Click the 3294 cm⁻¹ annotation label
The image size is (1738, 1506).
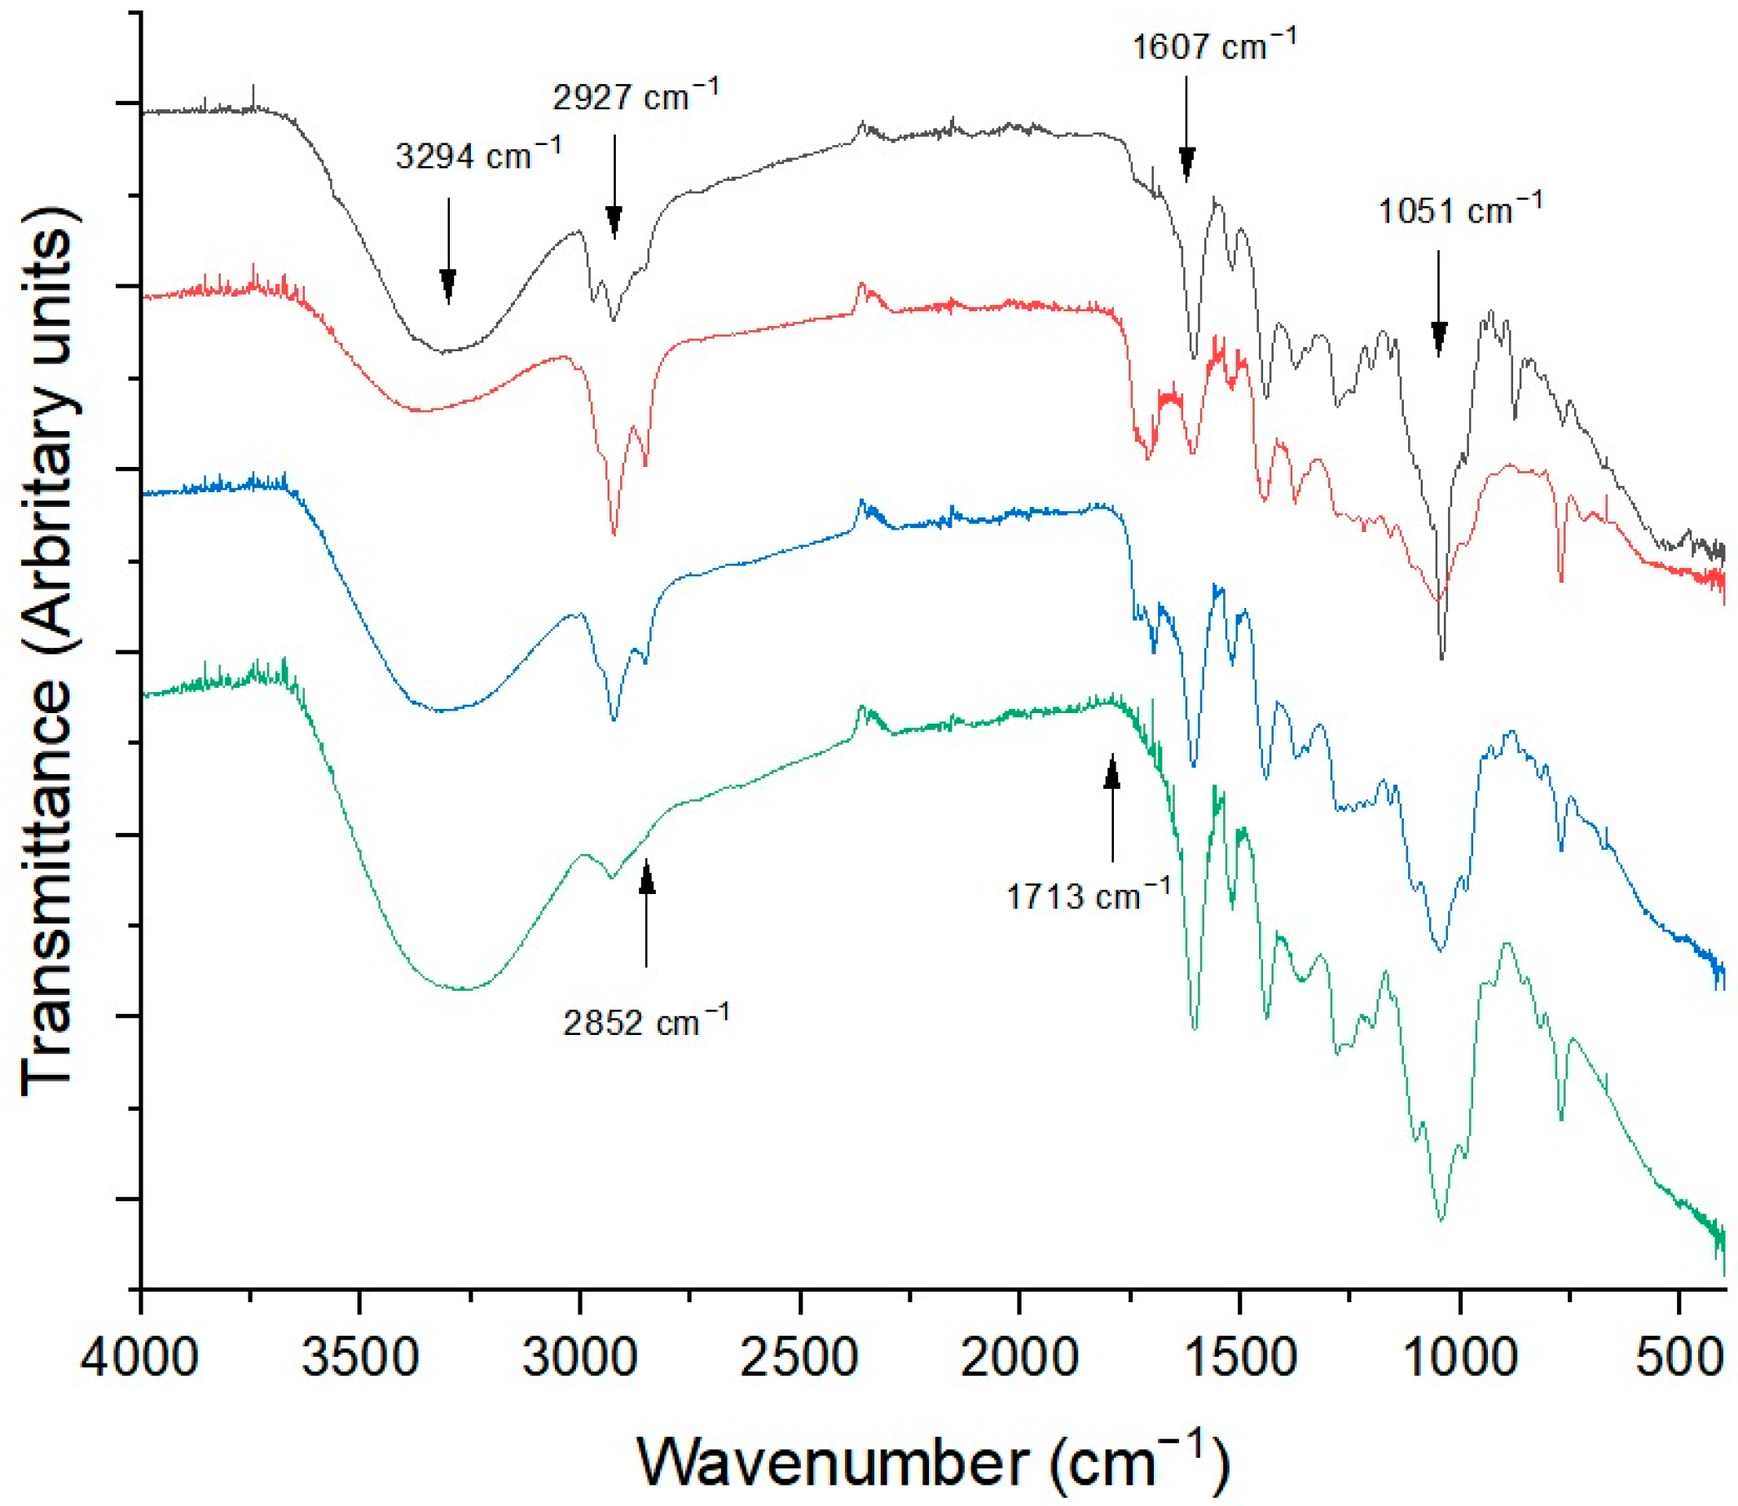tap(477, 156)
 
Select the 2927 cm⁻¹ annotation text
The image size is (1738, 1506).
tap(636, 96)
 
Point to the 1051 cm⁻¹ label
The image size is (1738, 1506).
tap(1460, 209)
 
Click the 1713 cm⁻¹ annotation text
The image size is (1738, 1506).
tap(1088, 896)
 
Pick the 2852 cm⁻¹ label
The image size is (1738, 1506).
tap(645, 1022)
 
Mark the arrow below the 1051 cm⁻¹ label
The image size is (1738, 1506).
tap(1438, 302)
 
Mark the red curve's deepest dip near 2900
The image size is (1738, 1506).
tap(614, 535)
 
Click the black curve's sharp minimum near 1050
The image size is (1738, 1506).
tap(1441, 658)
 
